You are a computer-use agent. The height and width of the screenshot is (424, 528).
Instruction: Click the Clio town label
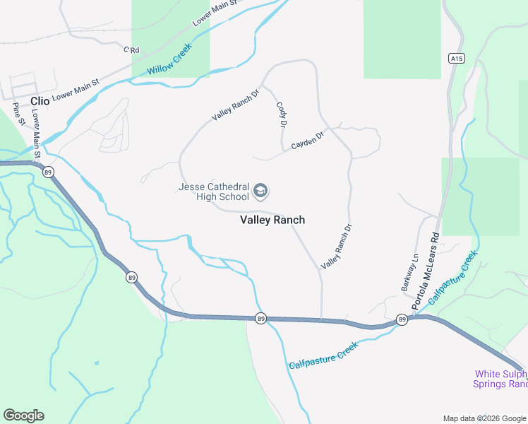click(40, 101)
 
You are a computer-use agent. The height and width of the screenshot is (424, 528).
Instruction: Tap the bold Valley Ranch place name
click(272, 220)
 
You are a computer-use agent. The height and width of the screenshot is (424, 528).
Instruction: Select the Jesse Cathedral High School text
click(213, 192)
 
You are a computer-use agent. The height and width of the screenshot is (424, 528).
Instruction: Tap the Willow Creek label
click(169, 62)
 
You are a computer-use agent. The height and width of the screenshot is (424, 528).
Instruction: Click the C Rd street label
click(132, 49)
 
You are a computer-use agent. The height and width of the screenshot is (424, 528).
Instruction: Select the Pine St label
click(18, 114)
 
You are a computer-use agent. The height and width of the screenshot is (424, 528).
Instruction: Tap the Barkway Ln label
click(409, 271)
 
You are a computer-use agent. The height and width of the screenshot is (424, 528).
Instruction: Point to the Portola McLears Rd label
click(426, 269)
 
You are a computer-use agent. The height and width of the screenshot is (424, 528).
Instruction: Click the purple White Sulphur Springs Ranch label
click(500, 379)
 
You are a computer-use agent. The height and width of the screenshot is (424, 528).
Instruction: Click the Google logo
click(23, 416)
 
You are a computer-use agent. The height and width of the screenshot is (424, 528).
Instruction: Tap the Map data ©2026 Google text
click(484, 418)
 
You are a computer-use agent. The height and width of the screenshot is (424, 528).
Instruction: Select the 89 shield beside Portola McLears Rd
click(402, 319)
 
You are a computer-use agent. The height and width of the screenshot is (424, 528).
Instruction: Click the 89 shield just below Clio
click(48, 172)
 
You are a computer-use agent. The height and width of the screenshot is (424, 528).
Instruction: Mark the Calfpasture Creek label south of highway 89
click(323, 355)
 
